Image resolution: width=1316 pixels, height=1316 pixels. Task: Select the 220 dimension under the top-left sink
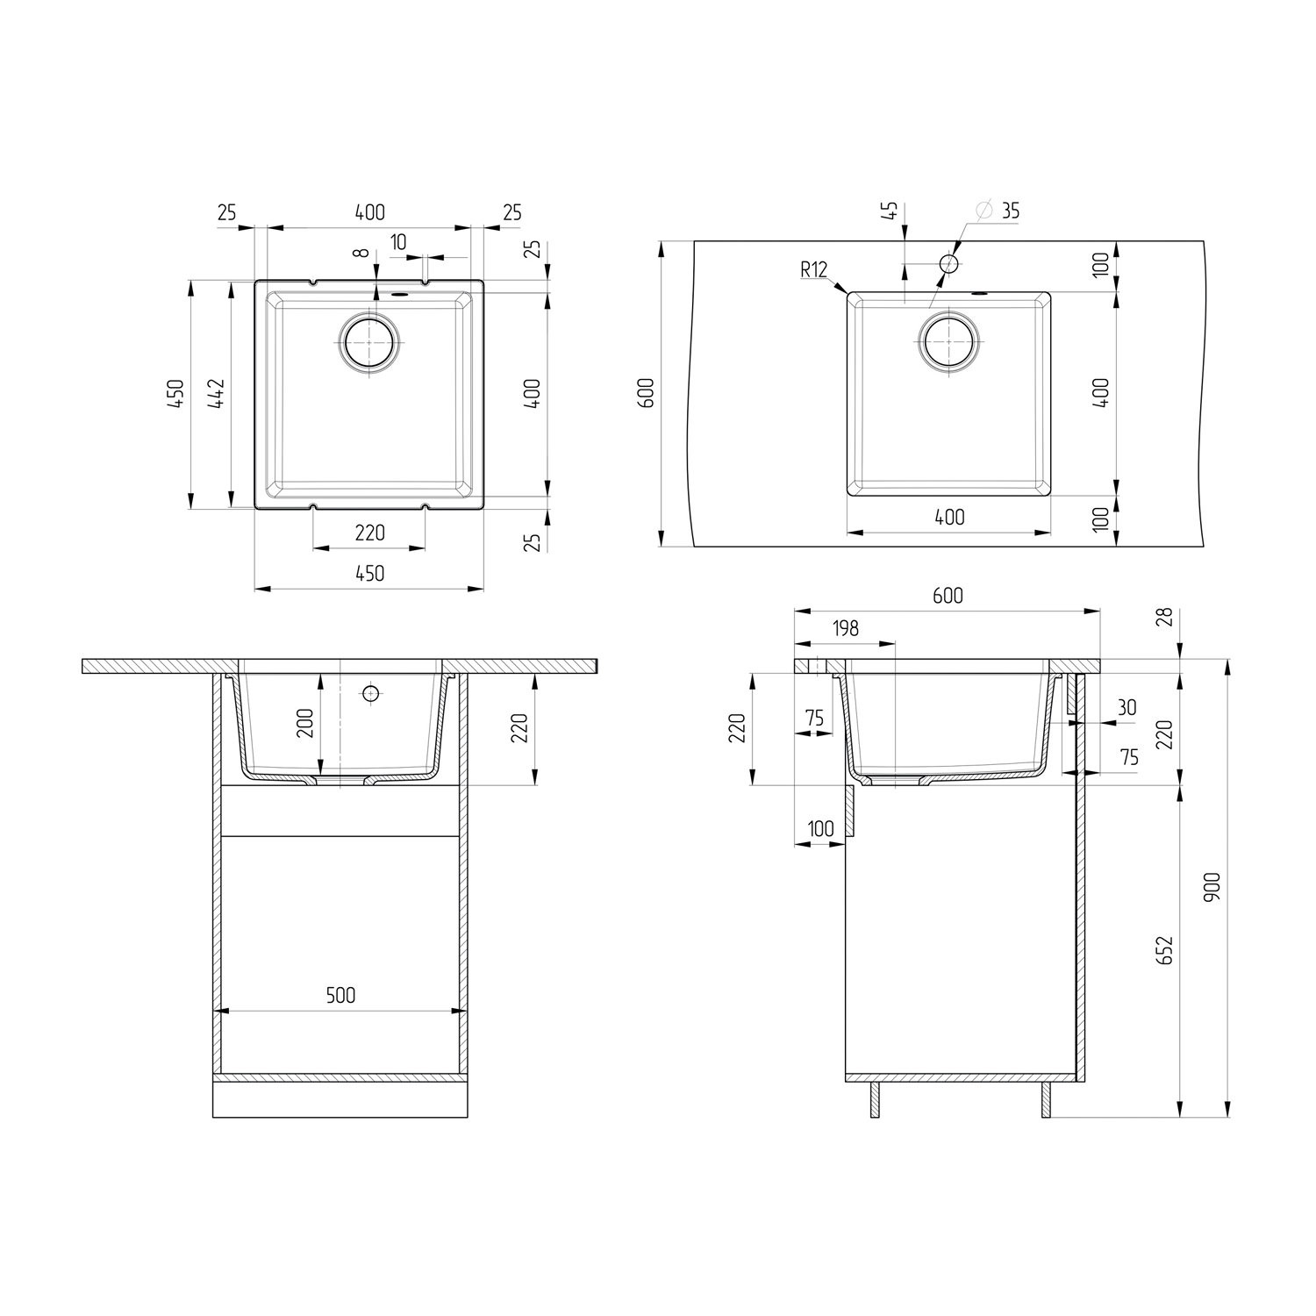pos(369,533)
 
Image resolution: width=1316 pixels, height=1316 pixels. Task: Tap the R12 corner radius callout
pos(813,269)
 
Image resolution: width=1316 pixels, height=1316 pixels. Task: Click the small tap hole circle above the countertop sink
pos(948,262)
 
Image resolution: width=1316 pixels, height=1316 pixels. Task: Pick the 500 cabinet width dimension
pos(340,995)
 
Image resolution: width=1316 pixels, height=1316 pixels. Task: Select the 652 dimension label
pos(1167,951)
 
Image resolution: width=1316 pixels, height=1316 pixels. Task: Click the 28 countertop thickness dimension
pos(1164,618)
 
